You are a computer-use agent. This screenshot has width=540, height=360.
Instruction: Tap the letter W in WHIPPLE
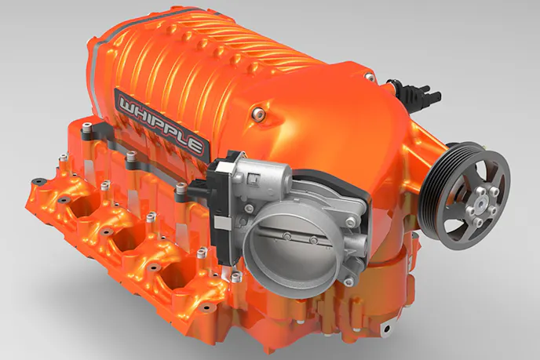coord(127,104)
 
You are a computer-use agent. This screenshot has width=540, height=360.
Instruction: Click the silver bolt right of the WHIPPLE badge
coord(257,112)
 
